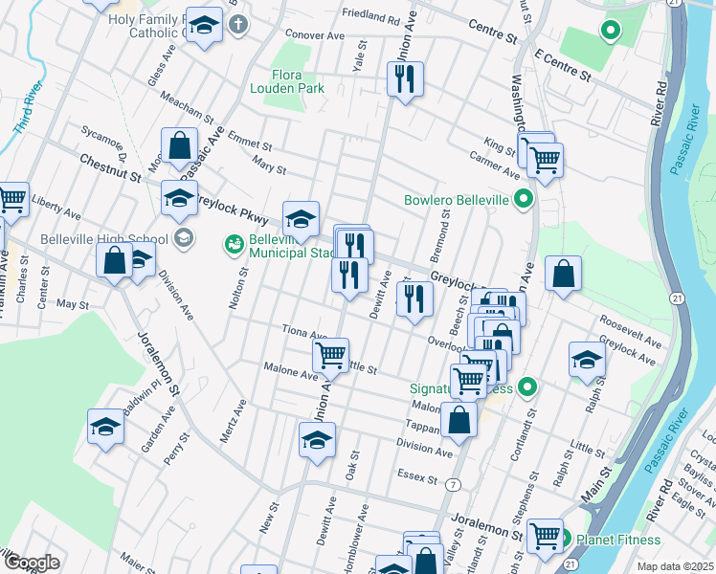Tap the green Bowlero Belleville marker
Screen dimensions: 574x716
click(523, 199)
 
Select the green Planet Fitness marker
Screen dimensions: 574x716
click(564, 538)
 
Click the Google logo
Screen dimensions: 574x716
click(32, 563)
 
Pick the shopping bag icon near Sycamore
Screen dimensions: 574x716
click(179, 145)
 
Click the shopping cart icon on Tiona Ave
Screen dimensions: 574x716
click(330, 356)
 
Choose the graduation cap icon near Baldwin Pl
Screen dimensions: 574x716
click(105, 427)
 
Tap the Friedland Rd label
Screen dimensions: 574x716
click(369, 17)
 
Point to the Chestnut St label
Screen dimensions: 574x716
click(110, 169)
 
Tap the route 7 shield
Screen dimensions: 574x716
click(450, 486)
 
